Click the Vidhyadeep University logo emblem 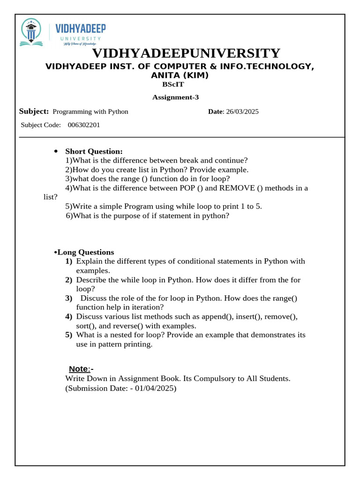coord(31,32)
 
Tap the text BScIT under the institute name coord(173,84)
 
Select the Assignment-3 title coord(176,97)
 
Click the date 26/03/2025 coord(242,112)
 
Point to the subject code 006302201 coord(84,125)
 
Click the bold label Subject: coord(34,111)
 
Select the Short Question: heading coord(94,151)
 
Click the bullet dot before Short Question coord(56,151)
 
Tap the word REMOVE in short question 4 coord(237,188)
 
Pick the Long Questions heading coord(86,252)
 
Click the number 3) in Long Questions coord(69,298)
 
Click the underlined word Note coord(79,368)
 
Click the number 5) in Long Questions coord(69,335)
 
